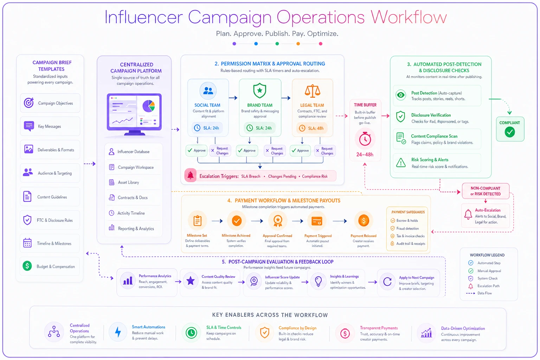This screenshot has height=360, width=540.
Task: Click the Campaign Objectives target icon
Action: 29,103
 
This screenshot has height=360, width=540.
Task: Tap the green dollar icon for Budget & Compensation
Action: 27,266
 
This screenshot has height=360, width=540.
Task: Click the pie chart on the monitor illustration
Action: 148,106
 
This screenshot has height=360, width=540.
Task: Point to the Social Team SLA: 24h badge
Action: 207,128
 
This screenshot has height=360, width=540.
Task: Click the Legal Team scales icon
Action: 313,91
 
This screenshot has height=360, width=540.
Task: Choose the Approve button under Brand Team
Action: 247,151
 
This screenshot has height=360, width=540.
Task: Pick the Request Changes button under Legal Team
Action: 325,151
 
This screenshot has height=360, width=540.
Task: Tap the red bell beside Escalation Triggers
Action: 191,175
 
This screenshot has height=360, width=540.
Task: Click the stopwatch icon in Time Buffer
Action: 365,139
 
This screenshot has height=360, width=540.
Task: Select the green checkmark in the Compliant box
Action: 510,132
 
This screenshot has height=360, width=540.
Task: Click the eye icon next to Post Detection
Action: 401,95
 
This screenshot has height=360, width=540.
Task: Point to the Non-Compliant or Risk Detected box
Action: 486,191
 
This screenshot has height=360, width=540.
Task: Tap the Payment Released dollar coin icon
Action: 364,221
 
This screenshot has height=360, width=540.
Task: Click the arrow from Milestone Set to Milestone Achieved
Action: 217,221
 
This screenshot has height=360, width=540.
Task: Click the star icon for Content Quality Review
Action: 191,281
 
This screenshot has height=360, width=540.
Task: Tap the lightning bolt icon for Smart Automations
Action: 118,332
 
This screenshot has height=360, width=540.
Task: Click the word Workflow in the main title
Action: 409,17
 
